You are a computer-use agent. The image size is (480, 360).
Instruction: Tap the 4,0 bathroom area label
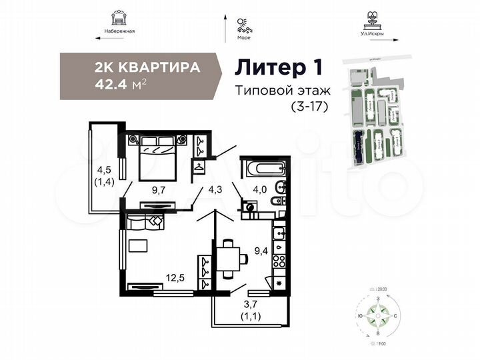click(x=259, y=189)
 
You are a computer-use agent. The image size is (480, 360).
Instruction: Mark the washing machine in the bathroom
click(x=251, y=207)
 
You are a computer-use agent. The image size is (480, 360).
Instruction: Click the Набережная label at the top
click(x=120, y=31)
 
